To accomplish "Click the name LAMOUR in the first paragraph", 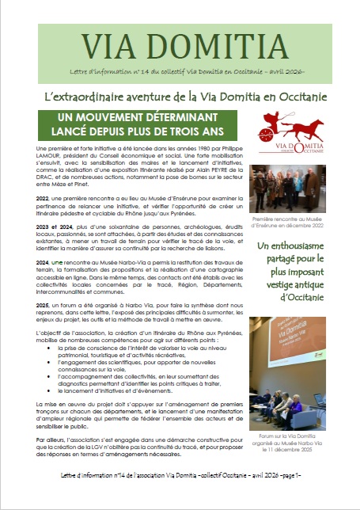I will coord(50,157).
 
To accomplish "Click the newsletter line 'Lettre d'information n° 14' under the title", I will coord(180,72).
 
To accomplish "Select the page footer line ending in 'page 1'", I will coord(180,493).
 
